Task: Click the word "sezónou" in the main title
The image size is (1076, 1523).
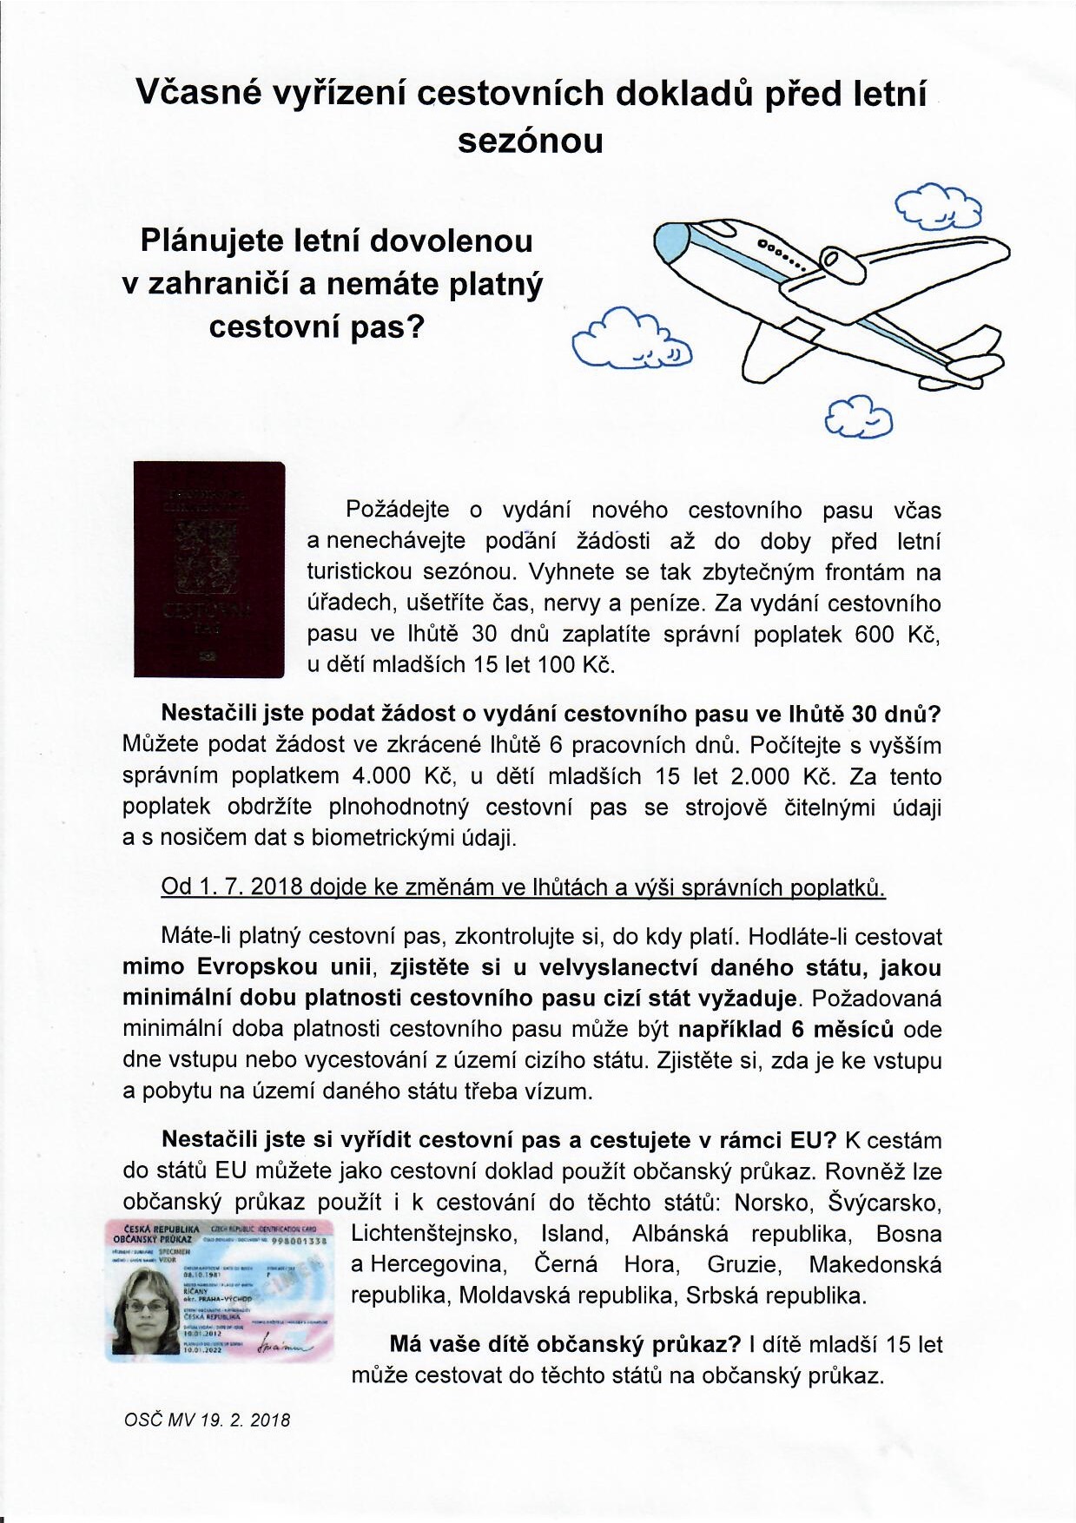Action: [530, 141]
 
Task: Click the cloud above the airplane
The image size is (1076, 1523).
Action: [939, 206]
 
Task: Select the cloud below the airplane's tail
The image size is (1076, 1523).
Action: [858, 416]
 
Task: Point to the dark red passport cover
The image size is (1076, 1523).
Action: [209, 569]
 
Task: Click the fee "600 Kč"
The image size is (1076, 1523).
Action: [897, 634]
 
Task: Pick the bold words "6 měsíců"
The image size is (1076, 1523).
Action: [842, 1029]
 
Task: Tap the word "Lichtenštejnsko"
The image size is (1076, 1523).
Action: [434, 1234]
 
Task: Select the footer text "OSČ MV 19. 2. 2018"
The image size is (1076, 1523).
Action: [208, 1421]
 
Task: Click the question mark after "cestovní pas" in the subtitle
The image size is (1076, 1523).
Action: [414, 327]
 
